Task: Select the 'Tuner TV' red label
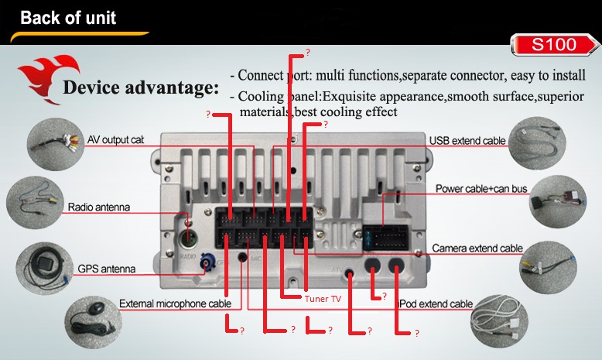pyautogui.click(x=322, y=298)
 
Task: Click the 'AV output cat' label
pyautogui.click(x=116, y=140)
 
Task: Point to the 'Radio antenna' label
pyautogui.click(x=98, y=207)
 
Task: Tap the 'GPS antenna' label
pyautogui.click(x=106, y=269)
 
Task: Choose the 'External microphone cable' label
pyautogui.click(x=175, y=303)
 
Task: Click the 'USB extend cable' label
pyautogui.click(x=467, y=140)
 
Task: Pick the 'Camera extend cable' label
pyautogui.click(x=477, y=249)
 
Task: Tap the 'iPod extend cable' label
pyautogui.click(x=433, y=304)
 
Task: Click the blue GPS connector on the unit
pyautogui.click(x=207, y=265)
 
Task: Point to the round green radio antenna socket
pyautogui.click(x=188, y=238)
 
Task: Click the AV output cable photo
pyautogui.click(x=52, y=144)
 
